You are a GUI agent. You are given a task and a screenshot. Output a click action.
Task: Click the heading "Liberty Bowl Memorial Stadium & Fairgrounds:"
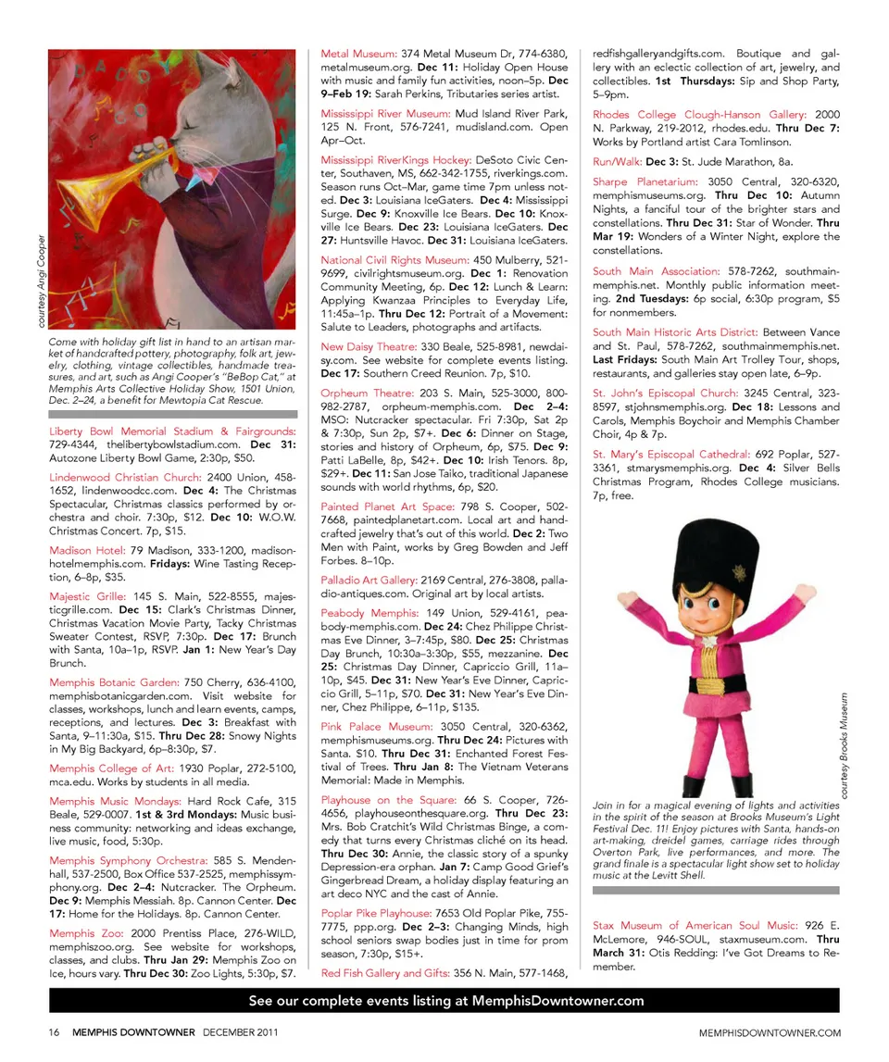click(x=171, y=431)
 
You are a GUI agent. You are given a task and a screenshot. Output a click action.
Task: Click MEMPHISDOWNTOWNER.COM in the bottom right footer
click(x=770, y=1032)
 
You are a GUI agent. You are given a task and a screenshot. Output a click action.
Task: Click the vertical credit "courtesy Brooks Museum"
click(x=844, y=747)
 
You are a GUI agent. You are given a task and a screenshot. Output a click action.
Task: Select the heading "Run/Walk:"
click(x=617, y=161)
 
